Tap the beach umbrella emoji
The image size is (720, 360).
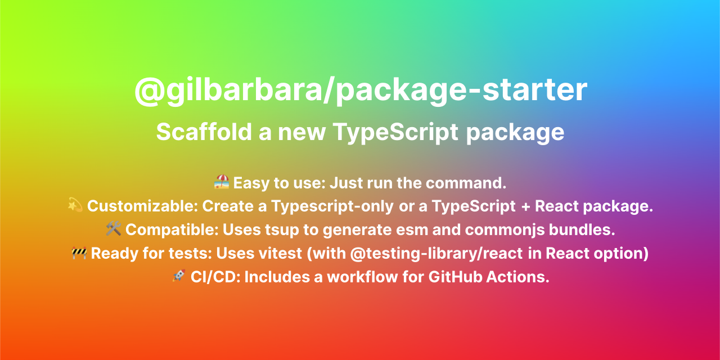(222, 182)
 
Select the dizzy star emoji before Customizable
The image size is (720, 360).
(75, 206)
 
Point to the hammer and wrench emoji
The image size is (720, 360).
(114, 229)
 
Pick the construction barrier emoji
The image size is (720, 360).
(79, 253)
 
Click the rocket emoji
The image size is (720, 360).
(179, 277)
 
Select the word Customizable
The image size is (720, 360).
(141, 206)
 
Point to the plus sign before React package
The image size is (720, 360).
(525, 206)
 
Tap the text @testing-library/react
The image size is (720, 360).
(436, 253)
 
